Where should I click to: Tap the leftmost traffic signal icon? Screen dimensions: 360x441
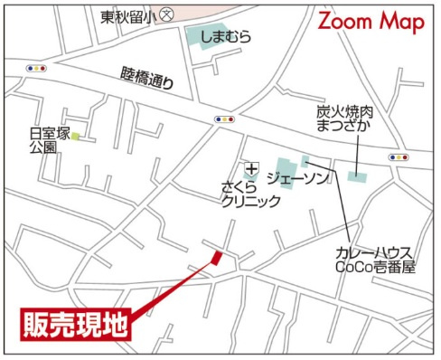tap(37, 67)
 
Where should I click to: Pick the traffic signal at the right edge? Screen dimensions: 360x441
tap(398, 157)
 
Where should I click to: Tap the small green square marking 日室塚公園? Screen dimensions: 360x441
tap(77, 137)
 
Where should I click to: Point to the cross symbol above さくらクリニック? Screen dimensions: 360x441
tap(251, 169)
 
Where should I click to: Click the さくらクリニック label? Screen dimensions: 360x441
tap(250, 196)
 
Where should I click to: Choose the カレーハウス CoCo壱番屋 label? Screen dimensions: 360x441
tap(373, 260)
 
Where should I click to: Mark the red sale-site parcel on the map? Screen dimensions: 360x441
tap(215, 259)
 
